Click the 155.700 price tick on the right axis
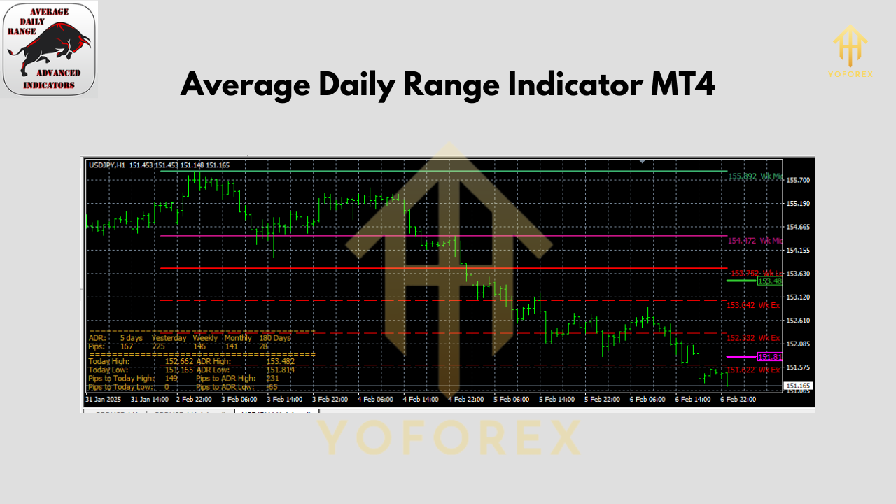tap(798, 180)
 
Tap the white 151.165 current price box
tap(798, 386)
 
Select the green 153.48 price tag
tap(769, 281)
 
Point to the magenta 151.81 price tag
tap(769, 357)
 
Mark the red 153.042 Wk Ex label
tap(753, 305)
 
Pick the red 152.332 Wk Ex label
tap(753, 338)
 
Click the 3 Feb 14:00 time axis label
tap(283, 399)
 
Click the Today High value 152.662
tap(178, 361)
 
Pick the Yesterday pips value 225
tap(159, 346)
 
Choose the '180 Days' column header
tap(274, 338)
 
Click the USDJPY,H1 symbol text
tap(107, 165)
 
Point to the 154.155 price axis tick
tap(798, 250)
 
